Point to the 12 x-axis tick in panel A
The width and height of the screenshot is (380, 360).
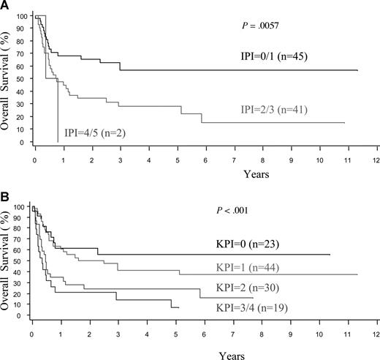pos(376,158)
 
